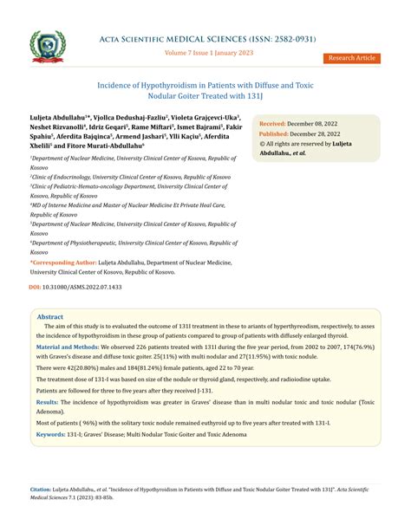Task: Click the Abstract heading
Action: click(49, 317)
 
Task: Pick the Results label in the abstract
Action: click(48, 403)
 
